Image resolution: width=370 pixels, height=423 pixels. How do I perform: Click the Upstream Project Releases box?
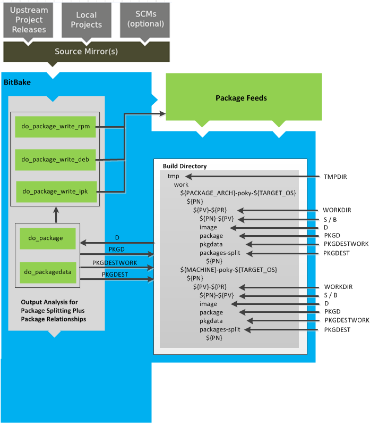(29, 20)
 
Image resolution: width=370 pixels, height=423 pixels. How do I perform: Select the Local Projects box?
(85, 20)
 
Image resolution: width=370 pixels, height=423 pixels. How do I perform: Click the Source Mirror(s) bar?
(87, 52)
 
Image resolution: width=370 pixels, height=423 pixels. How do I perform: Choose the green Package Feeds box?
(240, 98)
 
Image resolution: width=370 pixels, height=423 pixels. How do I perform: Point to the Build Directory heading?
(185, 166)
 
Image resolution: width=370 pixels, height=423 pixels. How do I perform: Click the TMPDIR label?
(335, 176)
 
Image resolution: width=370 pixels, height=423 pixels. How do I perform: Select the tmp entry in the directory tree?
(174, 176)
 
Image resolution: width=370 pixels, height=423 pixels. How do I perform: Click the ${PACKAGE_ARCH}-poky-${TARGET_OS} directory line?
(238, 193)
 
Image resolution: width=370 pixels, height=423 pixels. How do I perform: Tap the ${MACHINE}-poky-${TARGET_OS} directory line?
(229, 270)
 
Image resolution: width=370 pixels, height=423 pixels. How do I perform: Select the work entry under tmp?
(181, 184)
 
